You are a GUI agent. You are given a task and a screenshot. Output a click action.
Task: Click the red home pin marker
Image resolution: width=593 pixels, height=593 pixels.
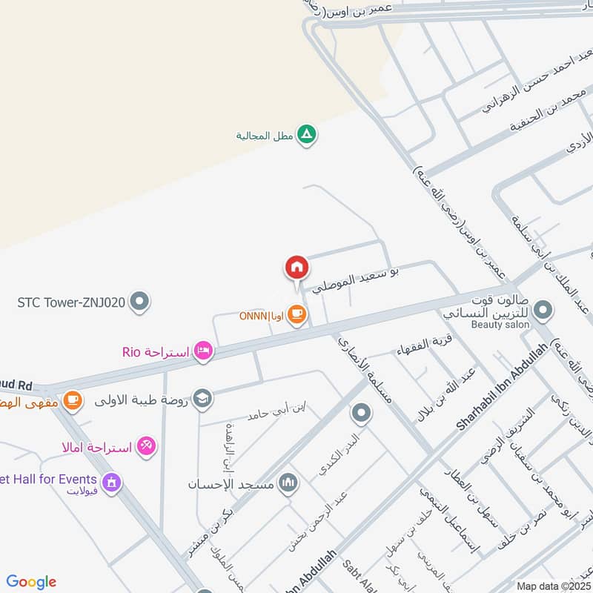[296, 267]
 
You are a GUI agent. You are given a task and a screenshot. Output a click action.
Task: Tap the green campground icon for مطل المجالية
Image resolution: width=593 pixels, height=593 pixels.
[306, 135]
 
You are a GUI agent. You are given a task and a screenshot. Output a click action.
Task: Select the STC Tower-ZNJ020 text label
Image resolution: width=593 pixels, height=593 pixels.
[71, 302]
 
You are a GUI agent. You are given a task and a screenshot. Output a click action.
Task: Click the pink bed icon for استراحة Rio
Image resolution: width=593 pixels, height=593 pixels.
[202, 351]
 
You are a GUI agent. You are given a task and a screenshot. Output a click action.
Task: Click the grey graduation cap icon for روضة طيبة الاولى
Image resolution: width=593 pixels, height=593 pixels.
[202, 399]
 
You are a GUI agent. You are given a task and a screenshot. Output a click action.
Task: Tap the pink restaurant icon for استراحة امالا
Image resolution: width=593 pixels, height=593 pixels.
[147, 446]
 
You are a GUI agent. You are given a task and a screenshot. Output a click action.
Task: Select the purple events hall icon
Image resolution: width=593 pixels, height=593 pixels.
[112, 483]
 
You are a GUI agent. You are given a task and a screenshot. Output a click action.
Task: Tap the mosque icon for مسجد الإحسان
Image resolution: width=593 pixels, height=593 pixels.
[288, 484]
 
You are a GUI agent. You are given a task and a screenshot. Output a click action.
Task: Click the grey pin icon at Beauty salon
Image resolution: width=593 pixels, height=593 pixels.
[543, 311]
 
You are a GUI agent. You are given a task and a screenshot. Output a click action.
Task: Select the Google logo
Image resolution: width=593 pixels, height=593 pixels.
[31, 582]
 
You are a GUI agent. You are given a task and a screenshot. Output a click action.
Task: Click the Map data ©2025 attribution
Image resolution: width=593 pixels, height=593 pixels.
[552, 586]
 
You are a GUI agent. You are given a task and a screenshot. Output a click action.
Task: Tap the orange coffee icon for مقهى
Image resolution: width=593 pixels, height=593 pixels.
[72, 400]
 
